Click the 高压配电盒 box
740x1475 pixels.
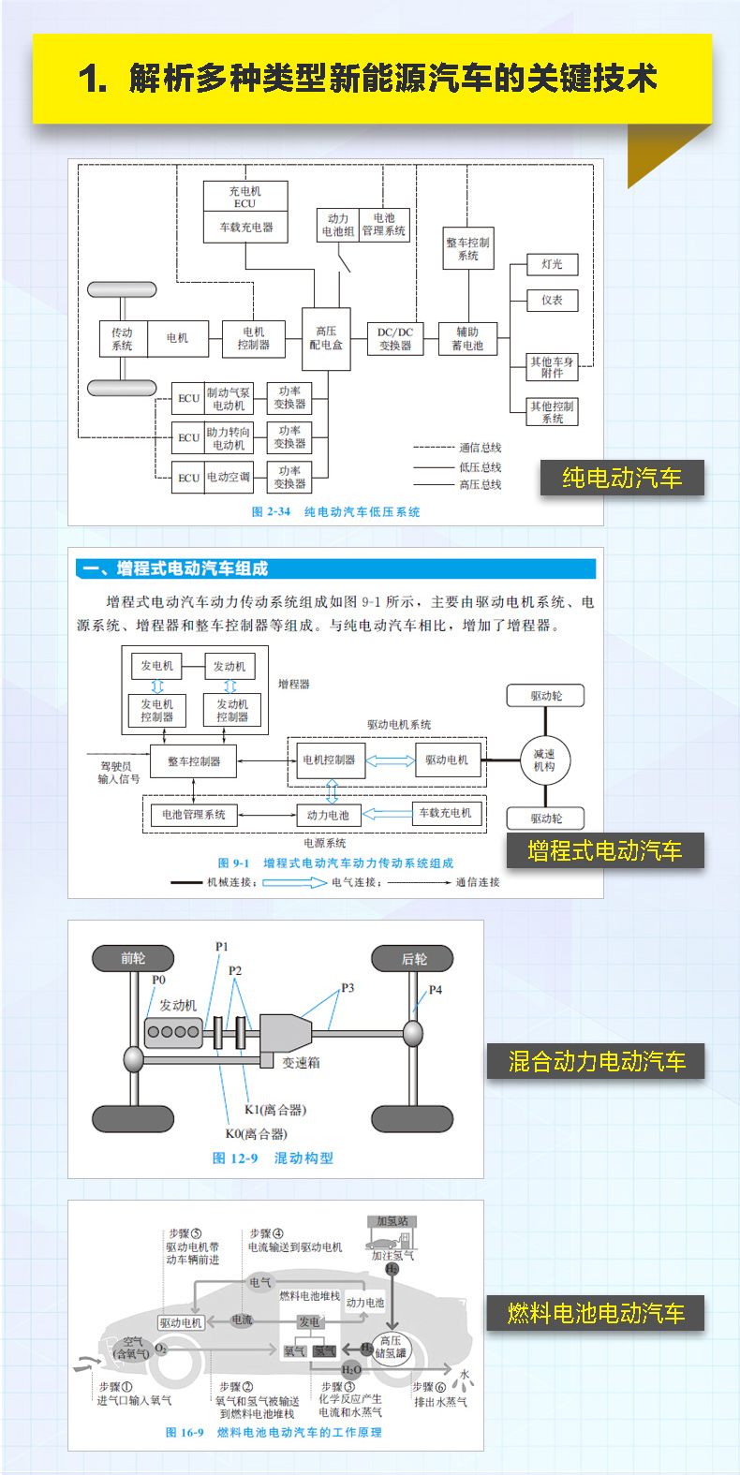coord(326,338)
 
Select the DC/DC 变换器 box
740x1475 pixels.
coord(395,338)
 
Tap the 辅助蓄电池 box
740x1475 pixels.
coord(467,338)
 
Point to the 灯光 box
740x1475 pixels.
coord(552,265)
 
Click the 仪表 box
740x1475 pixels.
coord(552,301)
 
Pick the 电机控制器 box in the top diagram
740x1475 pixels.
coord(253,338)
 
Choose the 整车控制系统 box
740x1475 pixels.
coord(467,249)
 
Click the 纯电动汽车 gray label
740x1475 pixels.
coord(621,479)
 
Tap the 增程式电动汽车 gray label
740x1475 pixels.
coord(604,851)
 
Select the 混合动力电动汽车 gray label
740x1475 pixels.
coord(596,1062)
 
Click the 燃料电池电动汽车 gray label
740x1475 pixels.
coord(596,1314)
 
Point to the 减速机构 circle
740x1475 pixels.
coord(544,760)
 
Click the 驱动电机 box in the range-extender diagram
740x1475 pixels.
coord(447,760)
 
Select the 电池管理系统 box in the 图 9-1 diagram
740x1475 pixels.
coord(194,815)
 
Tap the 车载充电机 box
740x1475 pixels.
coord(446,813)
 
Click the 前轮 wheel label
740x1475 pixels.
coord(133,958)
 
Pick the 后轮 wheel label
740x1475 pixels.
coord(413,958)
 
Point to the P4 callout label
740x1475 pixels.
coord(436,990)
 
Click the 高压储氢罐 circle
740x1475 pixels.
coord(391,1348)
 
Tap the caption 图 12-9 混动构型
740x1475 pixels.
coord(273,1158)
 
